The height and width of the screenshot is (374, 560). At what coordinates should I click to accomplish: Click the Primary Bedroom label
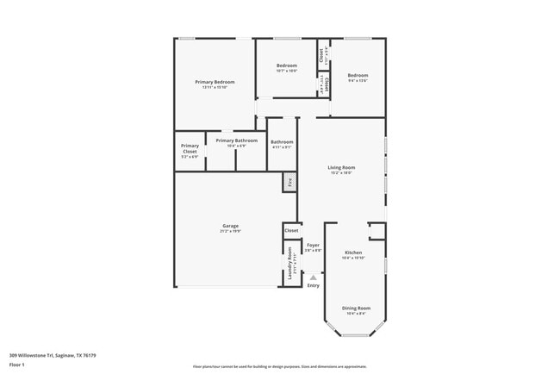(214, 82)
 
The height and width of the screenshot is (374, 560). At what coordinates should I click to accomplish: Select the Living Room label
(341, 167)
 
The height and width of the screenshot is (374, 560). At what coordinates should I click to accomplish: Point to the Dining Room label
(356, 308)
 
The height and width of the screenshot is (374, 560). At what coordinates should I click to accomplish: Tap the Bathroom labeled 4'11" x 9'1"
(282, 143)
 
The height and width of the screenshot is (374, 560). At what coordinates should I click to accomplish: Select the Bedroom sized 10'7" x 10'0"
(287, 68)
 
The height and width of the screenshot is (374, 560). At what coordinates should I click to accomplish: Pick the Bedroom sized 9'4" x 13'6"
(358, 78)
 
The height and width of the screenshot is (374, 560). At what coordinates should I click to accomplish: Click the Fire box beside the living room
(290, 183)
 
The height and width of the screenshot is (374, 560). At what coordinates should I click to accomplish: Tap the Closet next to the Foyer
(291, 231)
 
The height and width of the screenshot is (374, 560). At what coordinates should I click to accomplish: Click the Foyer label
(313, 246)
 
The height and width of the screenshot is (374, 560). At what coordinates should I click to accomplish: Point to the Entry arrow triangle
(313, 277)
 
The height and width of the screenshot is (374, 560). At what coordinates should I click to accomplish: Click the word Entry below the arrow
(313, 286)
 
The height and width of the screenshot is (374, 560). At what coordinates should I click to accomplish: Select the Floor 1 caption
(17, 365)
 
